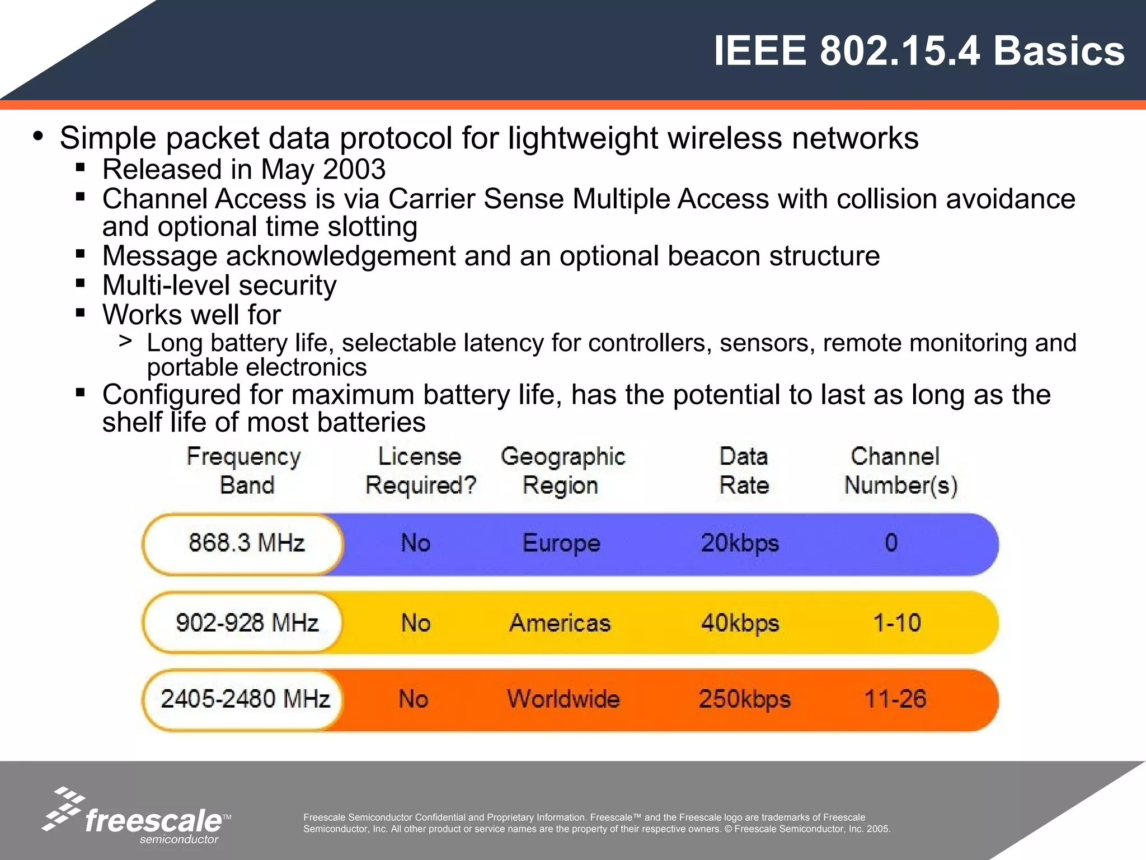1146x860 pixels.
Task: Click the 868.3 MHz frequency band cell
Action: pos(246,543)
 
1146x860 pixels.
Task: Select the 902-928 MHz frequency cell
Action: pos(247,623)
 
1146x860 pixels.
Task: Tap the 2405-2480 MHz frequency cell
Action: pos(245,699)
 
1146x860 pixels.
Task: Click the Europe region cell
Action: pos(561,543)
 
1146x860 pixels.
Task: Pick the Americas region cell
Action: pos(560,623)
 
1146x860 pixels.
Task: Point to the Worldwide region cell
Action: pos(563,699)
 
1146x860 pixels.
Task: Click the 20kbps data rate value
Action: pos(740,543)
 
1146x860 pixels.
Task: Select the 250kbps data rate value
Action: pos(744,699)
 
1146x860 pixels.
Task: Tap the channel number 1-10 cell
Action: pos(897,623)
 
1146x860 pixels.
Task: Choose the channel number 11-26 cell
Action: pos(895,699)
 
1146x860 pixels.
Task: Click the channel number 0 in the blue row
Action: pos(891,543)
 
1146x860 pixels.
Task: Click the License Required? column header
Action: pos(420,471)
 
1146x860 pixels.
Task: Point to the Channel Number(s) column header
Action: pos(900,471)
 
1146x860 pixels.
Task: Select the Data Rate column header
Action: pos(744,471)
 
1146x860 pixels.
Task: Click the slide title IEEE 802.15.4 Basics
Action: pos(919,51)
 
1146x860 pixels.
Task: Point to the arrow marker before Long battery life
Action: pos(125,341)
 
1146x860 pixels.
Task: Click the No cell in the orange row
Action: pos(414,699)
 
